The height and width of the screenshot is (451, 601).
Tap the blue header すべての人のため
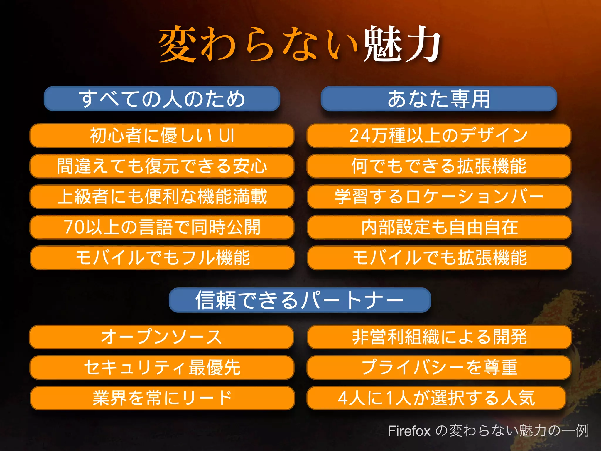pyautogui.click(x=162, y=99)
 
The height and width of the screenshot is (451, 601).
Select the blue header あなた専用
pyautogui.click(x=439, y=99)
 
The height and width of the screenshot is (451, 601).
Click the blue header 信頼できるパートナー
pyautogui.click(x=300, y=300)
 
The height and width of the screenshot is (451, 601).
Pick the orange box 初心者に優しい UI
pyautogui.click(x=162, y=136)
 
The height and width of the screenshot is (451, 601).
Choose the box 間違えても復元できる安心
pyautogui.click(x=162, y=166)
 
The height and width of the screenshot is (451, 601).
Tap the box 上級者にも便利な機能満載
pyautogui.click(x=162, y=197)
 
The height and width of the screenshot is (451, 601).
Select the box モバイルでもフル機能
pyautogui.click(x=162, y=258)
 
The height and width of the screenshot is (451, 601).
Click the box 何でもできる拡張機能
pyautogui.click(x=439, y=166)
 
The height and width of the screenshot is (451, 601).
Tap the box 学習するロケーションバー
pyautogui.click(x=439, y=197)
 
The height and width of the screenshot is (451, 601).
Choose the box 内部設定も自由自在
pyautogui.click(x=439, y=227)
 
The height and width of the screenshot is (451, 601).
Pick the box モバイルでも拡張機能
pyautogui.click(x=439, y=258)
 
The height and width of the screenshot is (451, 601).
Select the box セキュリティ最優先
pyautogui.click(x=162, y=368)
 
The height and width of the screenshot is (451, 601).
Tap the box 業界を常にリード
pyautogui.click(x=162, y=398)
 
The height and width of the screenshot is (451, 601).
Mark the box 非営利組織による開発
pyautogui.click(x=439, y=337)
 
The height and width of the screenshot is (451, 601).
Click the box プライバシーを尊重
pyautogui.click(x=439, y=368)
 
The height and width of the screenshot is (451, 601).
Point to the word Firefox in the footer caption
pyautogui.click(x=409, y=431)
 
